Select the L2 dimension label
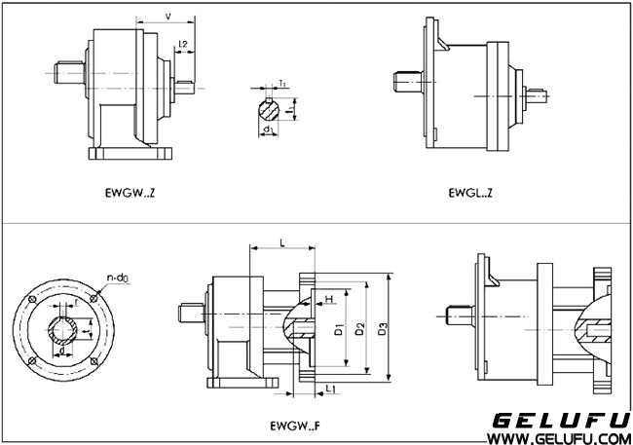(185, 43)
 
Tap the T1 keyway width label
(281, 85)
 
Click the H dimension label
(329, 298)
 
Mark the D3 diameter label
(387, 330)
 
